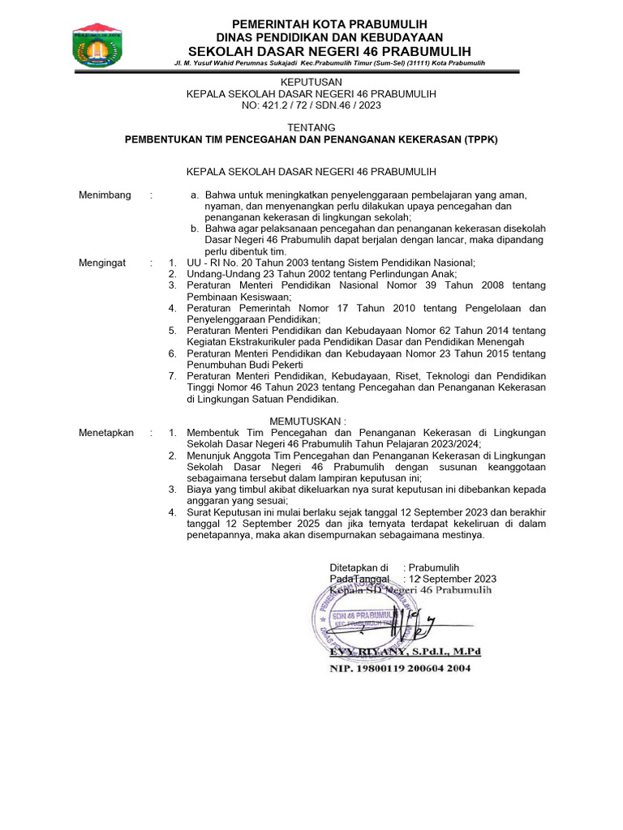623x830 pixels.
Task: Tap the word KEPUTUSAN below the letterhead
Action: (x=311, y=82)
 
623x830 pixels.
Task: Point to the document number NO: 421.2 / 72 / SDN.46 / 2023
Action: (x=311, y=105)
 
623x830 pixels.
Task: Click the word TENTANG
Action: (x=311, y=128)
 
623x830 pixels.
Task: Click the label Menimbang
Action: (x=105, y=195)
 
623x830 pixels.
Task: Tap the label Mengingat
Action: (x=104, y=263)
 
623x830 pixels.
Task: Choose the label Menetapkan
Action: (x=106, y=433)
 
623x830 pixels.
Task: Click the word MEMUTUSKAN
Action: (x=311, y=421)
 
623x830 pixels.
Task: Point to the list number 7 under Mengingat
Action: (x=172, y=376)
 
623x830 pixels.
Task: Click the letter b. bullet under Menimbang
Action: (x=195, y=229)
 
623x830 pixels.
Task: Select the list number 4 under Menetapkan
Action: (x=172, y=512)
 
